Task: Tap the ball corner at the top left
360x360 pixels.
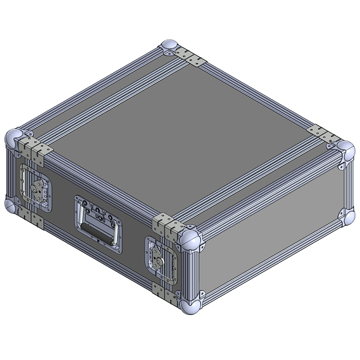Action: point(16,138)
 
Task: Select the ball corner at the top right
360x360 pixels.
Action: point(345,149)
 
